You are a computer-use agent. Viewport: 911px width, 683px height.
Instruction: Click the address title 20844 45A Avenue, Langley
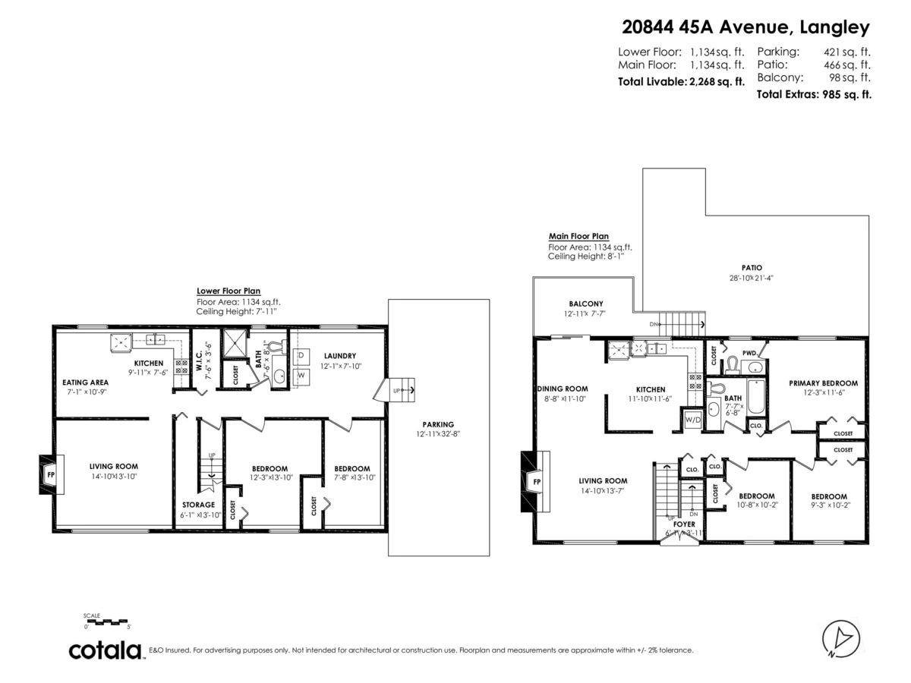[746, 28]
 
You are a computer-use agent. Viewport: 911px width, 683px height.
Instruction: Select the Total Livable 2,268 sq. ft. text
[681, 81]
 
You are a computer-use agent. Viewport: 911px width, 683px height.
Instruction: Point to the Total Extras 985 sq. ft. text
[813, 95]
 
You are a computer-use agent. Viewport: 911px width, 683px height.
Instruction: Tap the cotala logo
[106, 650]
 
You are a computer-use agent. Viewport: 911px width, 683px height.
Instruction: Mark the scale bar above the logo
[107, 622]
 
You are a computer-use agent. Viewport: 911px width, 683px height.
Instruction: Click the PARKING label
[438, 424]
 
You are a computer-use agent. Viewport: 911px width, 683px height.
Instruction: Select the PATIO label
[752, 267]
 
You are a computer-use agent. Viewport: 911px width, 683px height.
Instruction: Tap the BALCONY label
[585, 304]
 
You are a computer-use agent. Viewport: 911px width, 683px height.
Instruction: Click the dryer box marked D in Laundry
[301, 355]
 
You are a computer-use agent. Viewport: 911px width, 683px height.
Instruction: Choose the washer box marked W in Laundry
[301, 375]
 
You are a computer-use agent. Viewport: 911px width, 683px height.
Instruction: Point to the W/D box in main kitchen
[692, 419]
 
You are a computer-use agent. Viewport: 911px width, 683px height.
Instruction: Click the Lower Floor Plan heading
[229, 291]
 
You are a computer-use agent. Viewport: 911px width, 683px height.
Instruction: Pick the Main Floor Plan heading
[578, 236]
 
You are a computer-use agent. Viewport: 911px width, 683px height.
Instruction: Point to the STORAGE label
[198, 505]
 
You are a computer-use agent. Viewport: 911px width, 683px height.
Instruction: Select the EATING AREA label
[86, 382]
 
